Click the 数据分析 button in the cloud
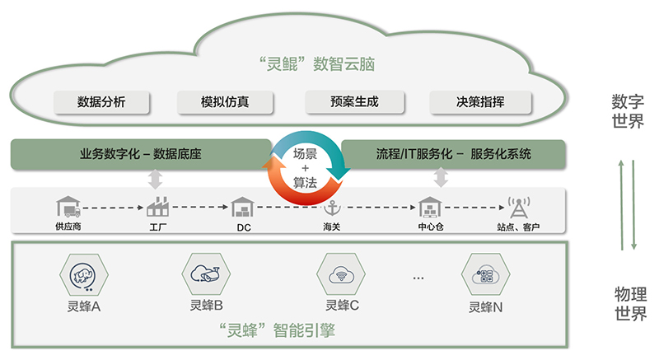pos(102,102)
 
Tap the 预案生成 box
pos(354,102)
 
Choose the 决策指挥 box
pos(480,102)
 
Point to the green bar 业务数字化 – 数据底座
pos(141,154)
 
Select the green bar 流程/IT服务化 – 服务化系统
pos(453,154)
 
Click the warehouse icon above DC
pos(243,207)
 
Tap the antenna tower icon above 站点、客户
pos(518,206)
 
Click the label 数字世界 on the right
pos(628,111)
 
